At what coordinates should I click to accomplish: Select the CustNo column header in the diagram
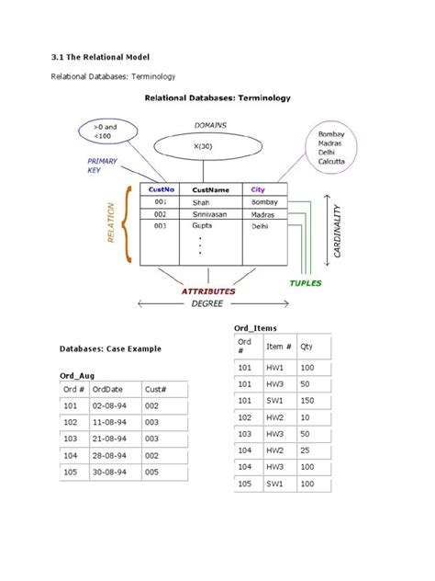[158, 190]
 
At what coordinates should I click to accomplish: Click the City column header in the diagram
[258, 190]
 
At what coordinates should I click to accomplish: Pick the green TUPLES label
[306, 283]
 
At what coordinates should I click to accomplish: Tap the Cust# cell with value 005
[157, 473]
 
